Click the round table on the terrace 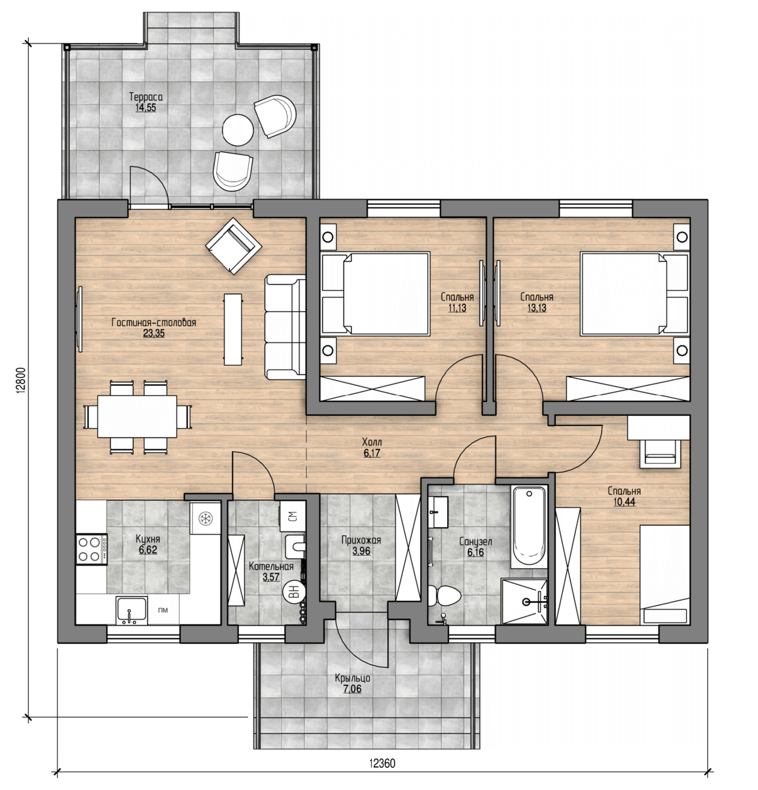238,130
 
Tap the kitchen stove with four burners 92,549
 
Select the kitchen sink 131,610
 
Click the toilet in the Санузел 445,595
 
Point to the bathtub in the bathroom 529,526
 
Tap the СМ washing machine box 292,516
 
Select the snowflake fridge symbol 205,518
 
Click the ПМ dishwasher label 163,610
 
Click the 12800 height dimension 22,379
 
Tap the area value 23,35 153,334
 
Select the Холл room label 371,442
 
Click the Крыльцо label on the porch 352,678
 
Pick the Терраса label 146,97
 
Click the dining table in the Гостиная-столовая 137,416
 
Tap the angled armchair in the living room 233,246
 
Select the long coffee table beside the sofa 233,329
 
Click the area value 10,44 624,502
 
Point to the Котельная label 271,567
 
